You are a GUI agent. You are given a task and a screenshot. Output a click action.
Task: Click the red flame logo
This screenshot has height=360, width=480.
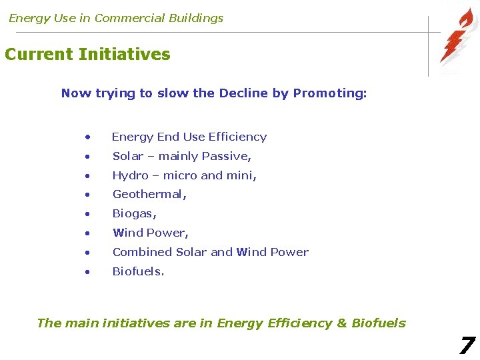(458, 37)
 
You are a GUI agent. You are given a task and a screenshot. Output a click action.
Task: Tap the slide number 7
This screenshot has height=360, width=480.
(467, 345)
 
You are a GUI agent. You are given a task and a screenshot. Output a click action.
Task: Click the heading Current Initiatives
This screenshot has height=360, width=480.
(87, 55)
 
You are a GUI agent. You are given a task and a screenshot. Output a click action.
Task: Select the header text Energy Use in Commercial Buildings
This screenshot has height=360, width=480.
(116, 18)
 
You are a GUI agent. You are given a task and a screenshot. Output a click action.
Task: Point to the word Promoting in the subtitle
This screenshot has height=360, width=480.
(329, 93)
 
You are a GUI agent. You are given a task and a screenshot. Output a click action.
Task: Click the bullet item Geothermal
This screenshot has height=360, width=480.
(149, 195)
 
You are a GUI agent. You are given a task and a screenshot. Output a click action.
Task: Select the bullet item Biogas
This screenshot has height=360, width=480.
(135, 214)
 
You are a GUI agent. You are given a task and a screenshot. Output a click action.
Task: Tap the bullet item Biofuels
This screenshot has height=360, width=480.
(138, 271)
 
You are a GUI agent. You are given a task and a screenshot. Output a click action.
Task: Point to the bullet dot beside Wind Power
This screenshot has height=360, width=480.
(87, 233)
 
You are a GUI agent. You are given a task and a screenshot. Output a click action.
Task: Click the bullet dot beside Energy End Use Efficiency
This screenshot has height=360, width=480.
(87, 137)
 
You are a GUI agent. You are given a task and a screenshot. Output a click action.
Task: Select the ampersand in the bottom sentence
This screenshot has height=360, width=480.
(342, 323)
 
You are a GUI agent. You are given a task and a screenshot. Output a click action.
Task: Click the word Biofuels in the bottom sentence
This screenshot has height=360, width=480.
(379, 323)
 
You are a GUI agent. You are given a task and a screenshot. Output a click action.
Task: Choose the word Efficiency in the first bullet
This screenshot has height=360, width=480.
(237, 137)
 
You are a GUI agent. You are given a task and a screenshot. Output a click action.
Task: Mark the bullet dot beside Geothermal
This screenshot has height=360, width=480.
(87, 195)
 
